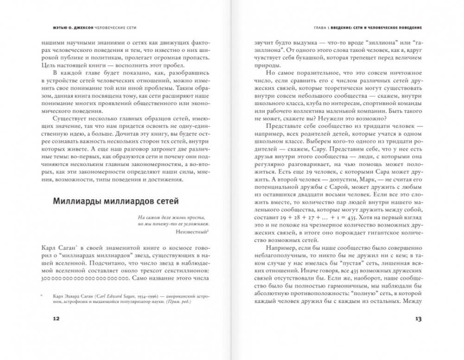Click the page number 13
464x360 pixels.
tap(418, 319)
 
